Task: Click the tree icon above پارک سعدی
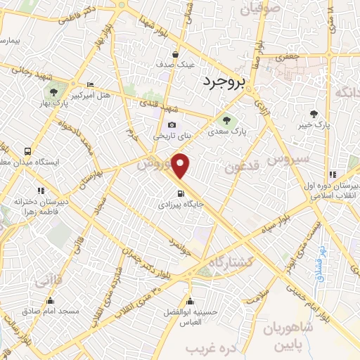click(x=226, y=120)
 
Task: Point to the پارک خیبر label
click(x=314, y=124)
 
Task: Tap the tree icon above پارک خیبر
click(x=314, y=113)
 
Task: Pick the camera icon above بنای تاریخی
click(x=172, y=124)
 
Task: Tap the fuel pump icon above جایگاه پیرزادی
click(x=181, y=194)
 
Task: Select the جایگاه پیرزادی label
click(x=181, y=205)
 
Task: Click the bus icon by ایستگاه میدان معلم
click(x=27, y=151)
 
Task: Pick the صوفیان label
click(x=260, y=9)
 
